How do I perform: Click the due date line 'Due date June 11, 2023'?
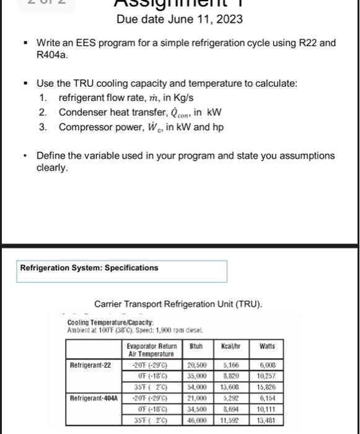tap(180, 19)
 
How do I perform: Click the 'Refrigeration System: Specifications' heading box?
tap(123, 270)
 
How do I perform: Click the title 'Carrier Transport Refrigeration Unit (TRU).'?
tap(178, 304)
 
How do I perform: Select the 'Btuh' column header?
tap(197, 347)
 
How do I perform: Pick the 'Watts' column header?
tap(267, 347)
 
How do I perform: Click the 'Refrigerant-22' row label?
tap(90, 365)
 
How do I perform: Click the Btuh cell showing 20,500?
tap(197, 366)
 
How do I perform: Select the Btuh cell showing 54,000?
tap(197, 387)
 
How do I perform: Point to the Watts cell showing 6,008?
tap(268, 366)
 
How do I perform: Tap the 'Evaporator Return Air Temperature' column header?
tap(152, 350)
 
